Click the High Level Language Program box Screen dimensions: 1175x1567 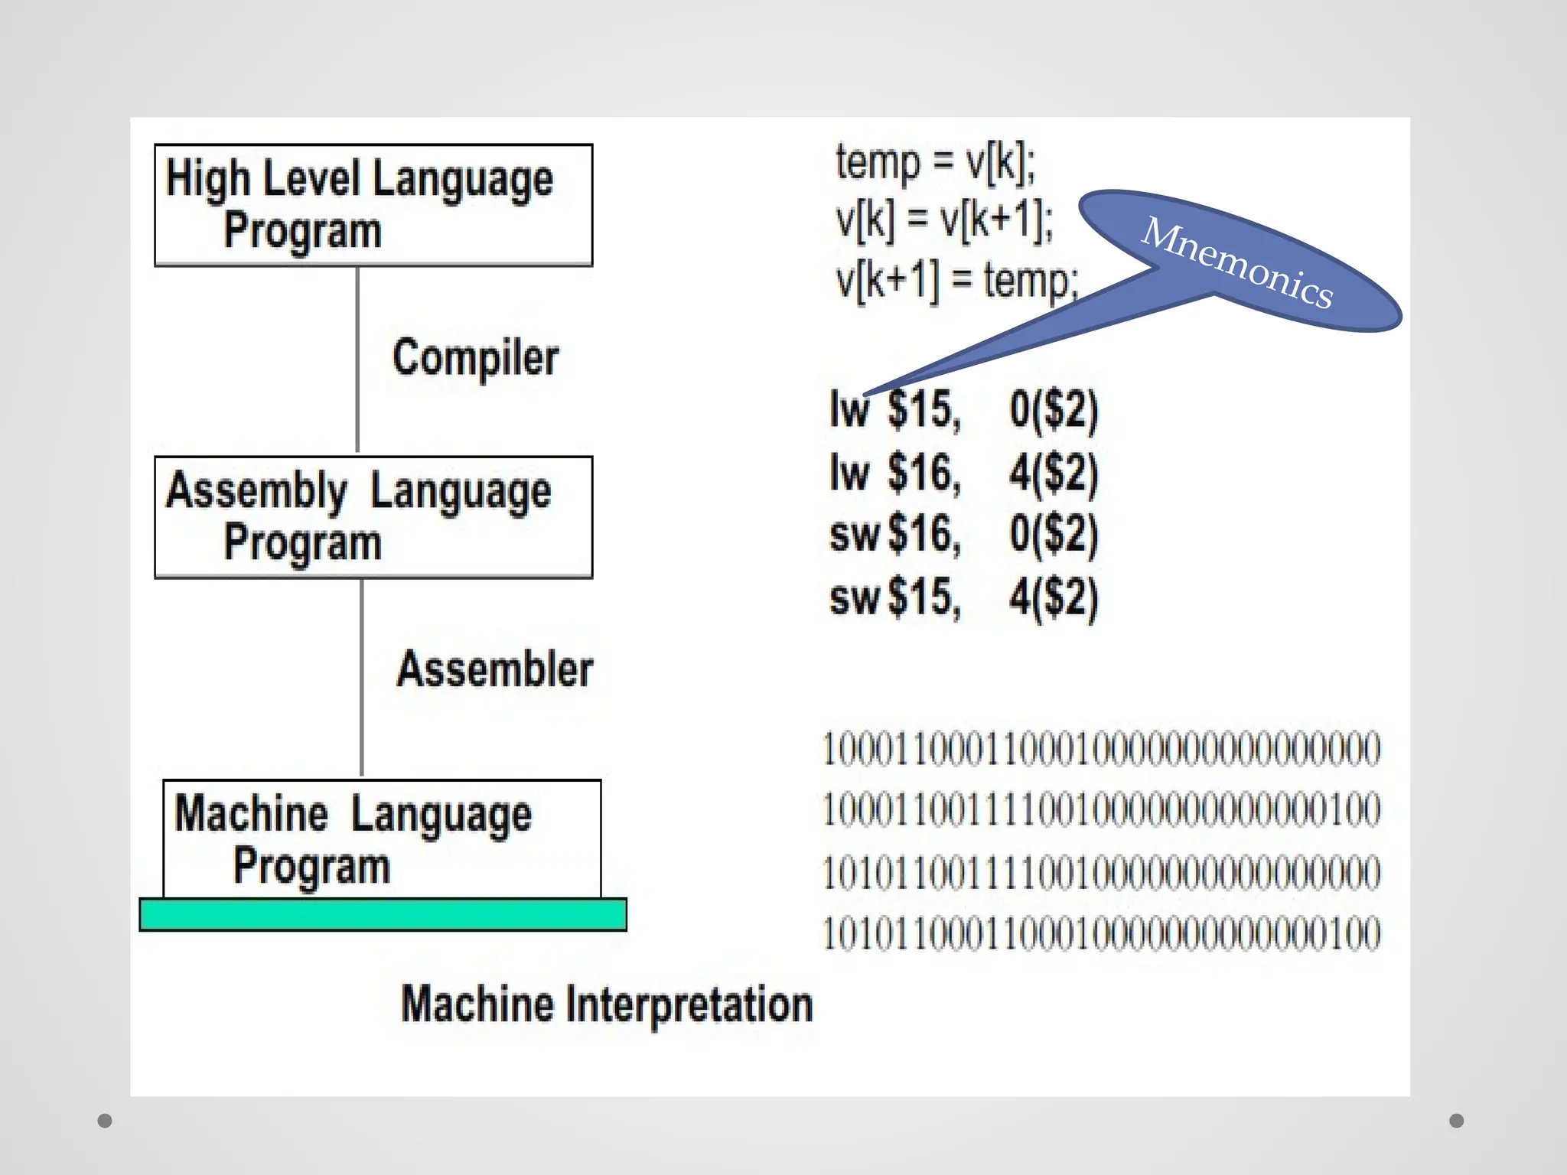[373, 205]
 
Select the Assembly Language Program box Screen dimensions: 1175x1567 [373, 517]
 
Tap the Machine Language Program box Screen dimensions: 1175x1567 [382, 839]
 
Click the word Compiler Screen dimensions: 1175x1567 [475, 357]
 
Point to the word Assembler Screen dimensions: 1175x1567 [495, 669]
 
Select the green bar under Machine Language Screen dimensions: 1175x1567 [383, 914]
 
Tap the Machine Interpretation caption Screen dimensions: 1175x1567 [607, 1004]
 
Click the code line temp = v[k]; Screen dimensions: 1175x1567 [935, 163]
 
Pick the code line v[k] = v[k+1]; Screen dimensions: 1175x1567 [944, 221]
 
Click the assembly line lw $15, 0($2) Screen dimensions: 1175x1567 [964, 409]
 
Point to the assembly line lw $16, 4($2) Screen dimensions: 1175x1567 [964, 472]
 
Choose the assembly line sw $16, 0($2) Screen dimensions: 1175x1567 [964, 534]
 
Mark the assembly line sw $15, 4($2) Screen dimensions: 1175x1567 [964, 597]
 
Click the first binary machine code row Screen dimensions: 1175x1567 [1102, 748]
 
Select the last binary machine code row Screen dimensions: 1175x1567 [1102, 933]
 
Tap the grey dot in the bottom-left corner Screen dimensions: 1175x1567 [105, 1121]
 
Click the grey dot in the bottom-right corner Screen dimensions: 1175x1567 [1457, 1121]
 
